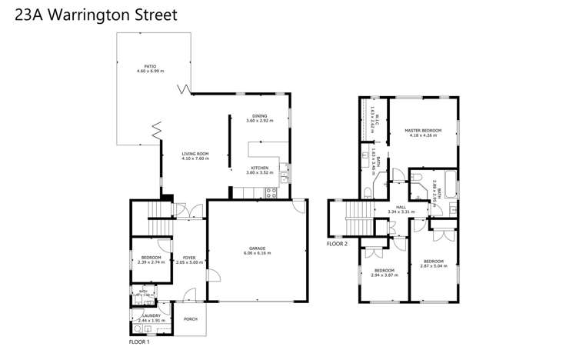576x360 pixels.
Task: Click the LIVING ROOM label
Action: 195,155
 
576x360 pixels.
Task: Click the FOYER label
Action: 185,258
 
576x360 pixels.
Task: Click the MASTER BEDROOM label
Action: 423,131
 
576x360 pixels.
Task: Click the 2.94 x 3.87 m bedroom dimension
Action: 384,275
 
